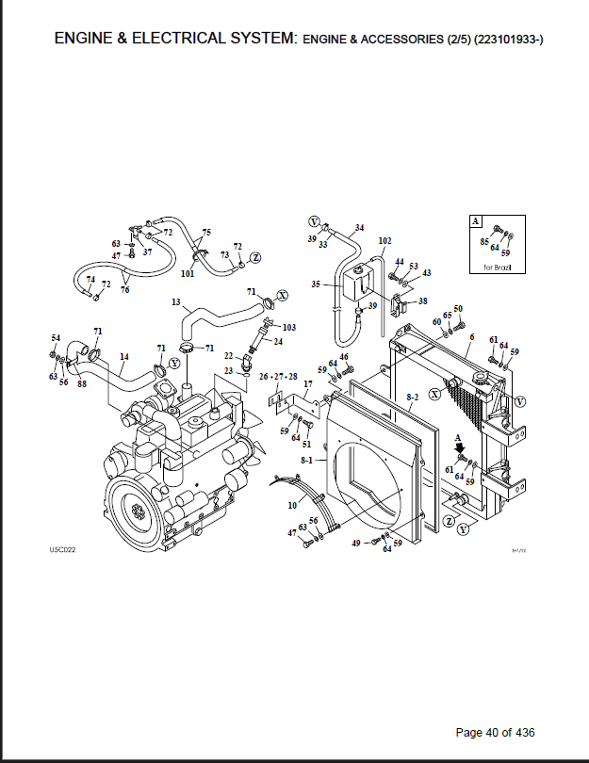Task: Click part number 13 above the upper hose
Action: click(x=175, y=302)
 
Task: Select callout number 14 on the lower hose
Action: click(x=124, y=357)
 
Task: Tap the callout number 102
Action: click(x=384, y=241)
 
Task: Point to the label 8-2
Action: click(x=413, y=398)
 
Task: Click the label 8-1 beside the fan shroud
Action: click(x=306, y=460)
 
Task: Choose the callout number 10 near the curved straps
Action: click(x=292, y=506)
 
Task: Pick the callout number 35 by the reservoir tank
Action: click(x=316, y=284)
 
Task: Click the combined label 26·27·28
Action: click(x=278, y=377)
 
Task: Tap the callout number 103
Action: click(x=289, y=328)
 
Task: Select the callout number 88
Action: click(x=82, y=383)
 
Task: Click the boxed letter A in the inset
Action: click(x=476, y=221)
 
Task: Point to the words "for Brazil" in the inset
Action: click(x=497, y=268)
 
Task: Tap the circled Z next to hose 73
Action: click(x=255, y=258)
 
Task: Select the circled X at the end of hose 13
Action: click(x=283, y=296)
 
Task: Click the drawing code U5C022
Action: click(x=62, y=550)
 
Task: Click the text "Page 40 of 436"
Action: click(x=495, y=732)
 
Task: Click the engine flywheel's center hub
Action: click(x=138, y=511)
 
